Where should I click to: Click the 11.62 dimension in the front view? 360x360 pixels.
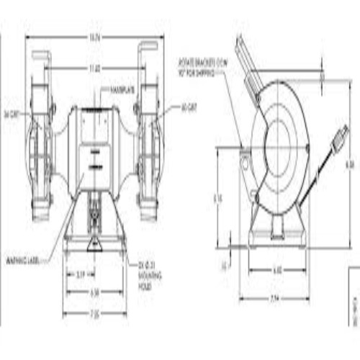(x=95, y=68)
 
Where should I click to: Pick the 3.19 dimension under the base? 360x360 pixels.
(x=81, y=275)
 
